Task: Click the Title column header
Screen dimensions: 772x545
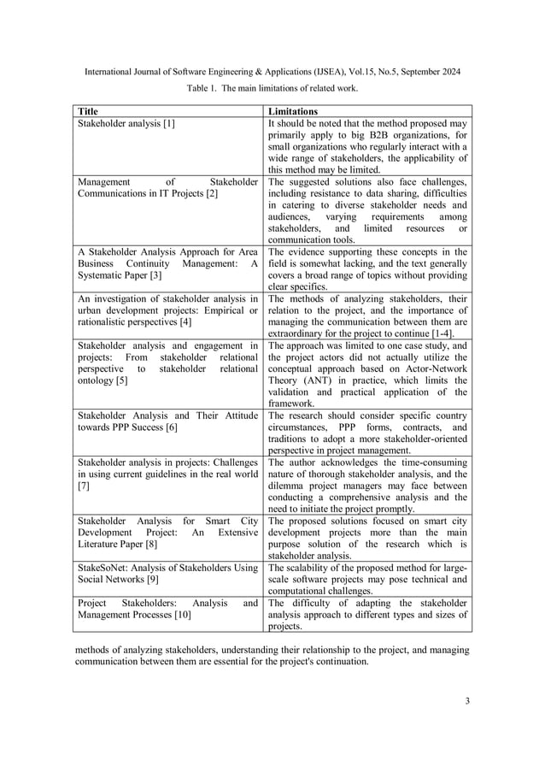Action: coord(87,111)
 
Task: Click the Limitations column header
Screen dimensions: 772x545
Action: coord(293,111)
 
